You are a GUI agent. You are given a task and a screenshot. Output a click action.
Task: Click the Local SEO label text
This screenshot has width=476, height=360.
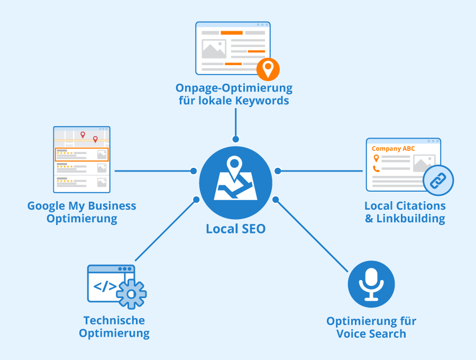click(235, 229)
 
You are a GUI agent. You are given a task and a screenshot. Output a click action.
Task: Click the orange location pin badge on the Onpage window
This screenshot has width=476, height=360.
click(268, 69)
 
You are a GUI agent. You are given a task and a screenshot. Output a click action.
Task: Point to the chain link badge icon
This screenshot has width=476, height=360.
click(438, 181)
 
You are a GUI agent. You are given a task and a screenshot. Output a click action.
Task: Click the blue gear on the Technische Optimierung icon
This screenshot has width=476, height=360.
click(132, 293)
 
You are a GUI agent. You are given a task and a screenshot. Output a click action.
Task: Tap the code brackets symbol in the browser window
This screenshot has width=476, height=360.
click(105, 286)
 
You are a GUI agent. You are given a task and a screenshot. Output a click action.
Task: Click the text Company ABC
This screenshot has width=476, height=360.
click(393, 149)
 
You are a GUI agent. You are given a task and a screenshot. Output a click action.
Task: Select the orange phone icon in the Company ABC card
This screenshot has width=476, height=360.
click(376, 169)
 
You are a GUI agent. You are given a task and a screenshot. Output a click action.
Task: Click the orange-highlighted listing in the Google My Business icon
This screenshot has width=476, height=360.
click(81, 155)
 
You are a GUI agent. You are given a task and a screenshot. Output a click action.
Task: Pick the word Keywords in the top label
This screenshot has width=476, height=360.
click(263, 101)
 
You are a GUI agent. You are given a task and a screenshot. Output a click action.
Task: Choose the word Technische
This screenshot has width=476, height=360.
click(114, 320)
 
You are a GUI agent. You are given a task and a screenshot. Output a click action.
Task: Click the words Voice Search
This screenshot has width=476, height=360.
click(371, 334)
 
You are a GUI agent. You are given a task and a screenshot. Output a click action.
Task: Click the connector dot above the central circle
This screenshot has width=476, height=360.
click(235, 139)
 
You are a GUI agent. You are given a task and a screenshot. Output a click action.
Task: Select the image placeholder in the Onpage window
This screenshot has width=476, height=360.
click(214, 49)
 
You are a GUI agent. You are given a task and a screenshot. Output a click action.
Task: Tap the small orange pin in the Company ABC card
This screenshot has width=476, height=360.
click(376, 158)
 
